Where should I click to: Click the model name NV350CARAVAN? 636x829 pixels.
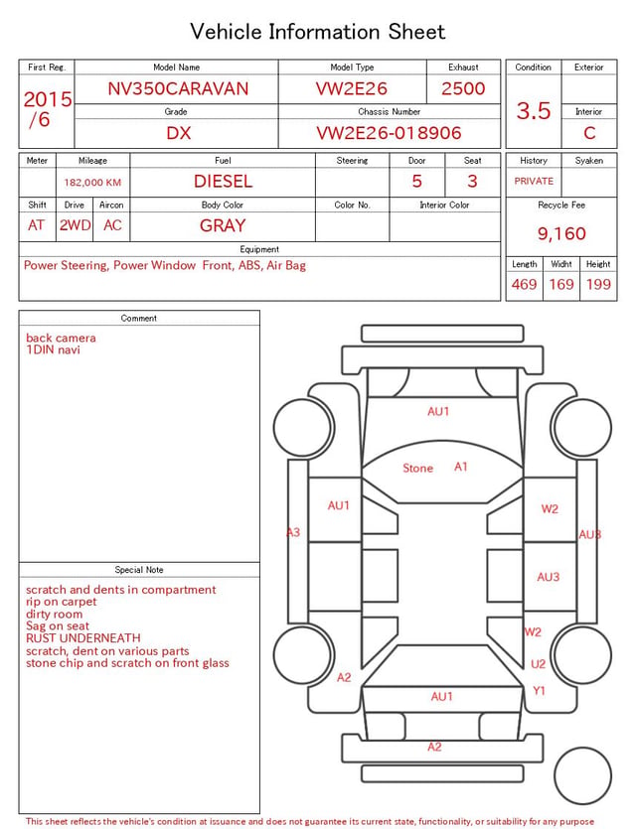click(x=178, y=88)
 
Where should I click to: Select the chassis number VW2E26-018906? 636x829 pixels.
click(x=389, y=133)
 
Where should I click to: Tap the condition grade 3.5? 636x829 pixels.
click(x=534, y=111)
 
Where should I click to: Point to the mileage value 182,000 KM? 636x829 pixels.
click(x=92, y=183)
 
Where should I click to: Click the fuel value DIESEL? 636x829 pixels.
click(x=223, y=182)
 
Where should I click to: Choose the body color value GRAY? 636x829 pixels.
click(x=223, y=225)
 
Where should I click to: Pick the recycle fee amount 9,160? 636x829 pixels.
click(x=561, y=233)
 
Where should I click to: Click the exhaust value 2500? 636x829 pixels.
click(x=463, y=88)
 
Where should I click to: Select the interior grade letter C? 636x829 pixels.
click(x=589, y=133)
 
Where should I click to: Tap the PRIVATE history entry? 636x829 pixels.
click(x=534, y=181)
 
